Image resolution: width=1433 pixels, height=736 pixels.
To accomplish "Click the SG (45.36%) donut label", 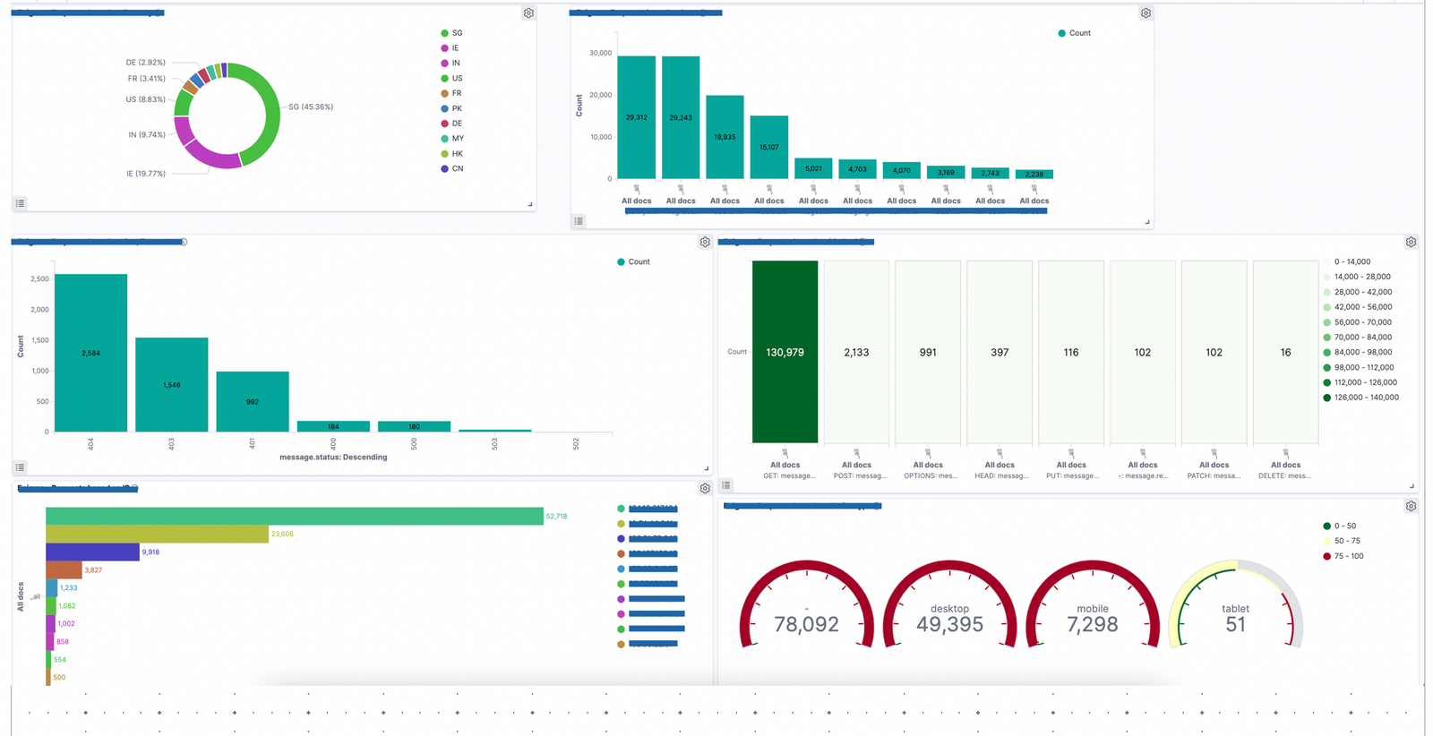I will [x=311, y=107].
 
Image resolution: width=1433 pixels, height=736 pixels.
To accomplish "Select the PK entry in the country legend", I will [x=457, y=108].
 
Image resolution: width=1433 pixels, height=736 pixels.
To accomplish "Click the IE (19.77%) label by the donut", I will [x=145, y=174].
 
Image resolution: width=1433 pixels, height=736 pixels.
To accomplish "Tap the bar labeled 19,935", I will [x=725, y=137].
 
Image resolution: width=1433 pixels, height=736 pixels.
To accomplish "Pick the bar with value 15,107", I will [x=768, y=147].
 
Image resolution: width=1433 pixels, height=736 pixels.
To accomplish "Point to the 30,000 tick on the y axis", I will [x=600, y=53].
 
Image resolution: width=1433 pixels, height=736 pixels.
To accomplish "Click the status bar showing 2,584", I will [x=90, y=353].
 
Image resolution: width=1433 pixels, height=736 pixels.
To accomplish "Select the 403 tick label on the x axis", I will [x=171, y=444].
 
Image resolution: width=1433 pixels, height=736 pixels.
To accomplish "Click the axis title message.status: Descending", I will [x=333, y=457].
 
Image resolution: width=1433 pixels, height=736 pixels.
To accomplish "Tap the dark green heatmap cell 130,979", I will [x=785, y=352].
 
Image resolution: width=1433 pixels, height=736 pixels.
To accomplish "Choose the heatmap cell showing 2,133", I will [x=856, y=352].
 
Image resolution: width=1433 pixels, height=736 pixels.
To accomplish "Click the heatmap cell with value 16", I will [x=1285, y=352].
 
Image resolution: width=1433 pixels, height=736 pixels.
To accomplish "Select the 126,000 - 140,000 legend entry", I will [x=1366, y=398].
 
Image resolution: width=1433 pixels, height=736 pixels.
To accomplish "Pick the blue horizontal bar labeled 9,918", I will [x=92, y=552].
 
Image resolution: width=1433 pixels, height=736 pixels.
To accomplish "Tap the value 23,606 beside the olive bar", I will [x=282, y=534].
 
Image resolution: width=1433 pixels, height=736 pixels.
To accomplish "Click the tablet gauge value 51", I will [x=1235, y=625].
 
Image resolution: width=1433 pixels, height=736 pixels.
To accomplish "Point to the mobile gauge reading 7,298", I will [x=1092, y=625].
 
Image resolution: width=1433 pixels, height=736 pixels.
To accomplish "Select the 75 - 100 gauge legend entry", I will [x=1349, y=556].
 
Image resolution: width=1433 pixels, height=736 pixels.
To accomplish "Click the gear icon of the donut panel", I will [x=528, y=13].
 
